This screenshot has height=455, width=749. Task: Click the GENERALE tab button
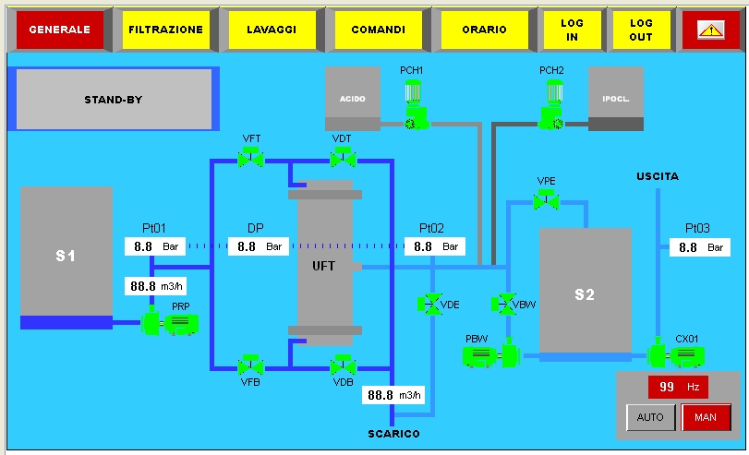[60, 30]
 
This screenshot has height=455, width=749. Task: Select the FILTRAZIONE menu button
[165, 30]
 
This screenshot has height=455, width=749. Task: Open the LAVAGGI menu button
[272, 30]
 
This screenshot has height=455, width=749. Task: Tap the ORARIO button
[485, 30]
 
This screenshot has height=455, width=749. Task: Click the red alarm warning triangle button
[710, 30]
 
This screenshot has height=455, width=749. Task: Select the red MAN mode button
[706, 417]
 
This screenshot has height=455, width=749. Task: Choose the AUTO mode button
[650, 417]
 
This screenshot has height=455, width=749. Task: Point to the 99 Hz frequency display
[677, 388]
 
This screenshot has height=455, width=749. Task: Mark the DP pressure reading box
[260, 246]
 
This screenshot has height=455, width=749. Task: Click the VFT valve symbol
[250, 159]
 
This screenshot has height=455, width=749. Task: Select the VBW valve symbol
[504, 303]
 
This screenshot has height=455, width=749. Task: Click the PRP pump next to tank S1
[170, 323]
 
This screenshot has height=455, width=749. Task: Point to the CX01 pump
[676, 355]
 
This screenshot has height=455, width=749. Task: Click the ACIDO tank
[353, 98]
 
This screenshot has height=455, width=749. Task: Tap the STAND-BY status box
[113, 99]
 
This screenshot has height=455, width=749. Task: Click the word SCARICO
[393, 434]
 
